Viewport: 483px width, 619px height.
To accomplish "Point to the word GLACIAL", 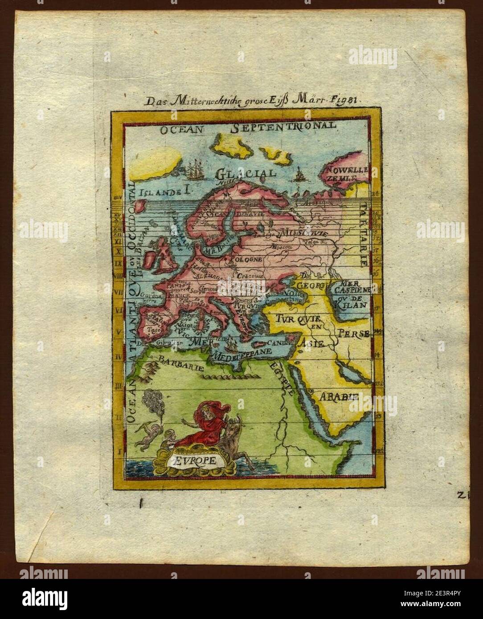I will (x=246, y=173).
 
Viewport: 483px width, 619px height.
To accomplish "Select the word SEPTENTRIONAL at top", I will (x=283, y=126).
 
